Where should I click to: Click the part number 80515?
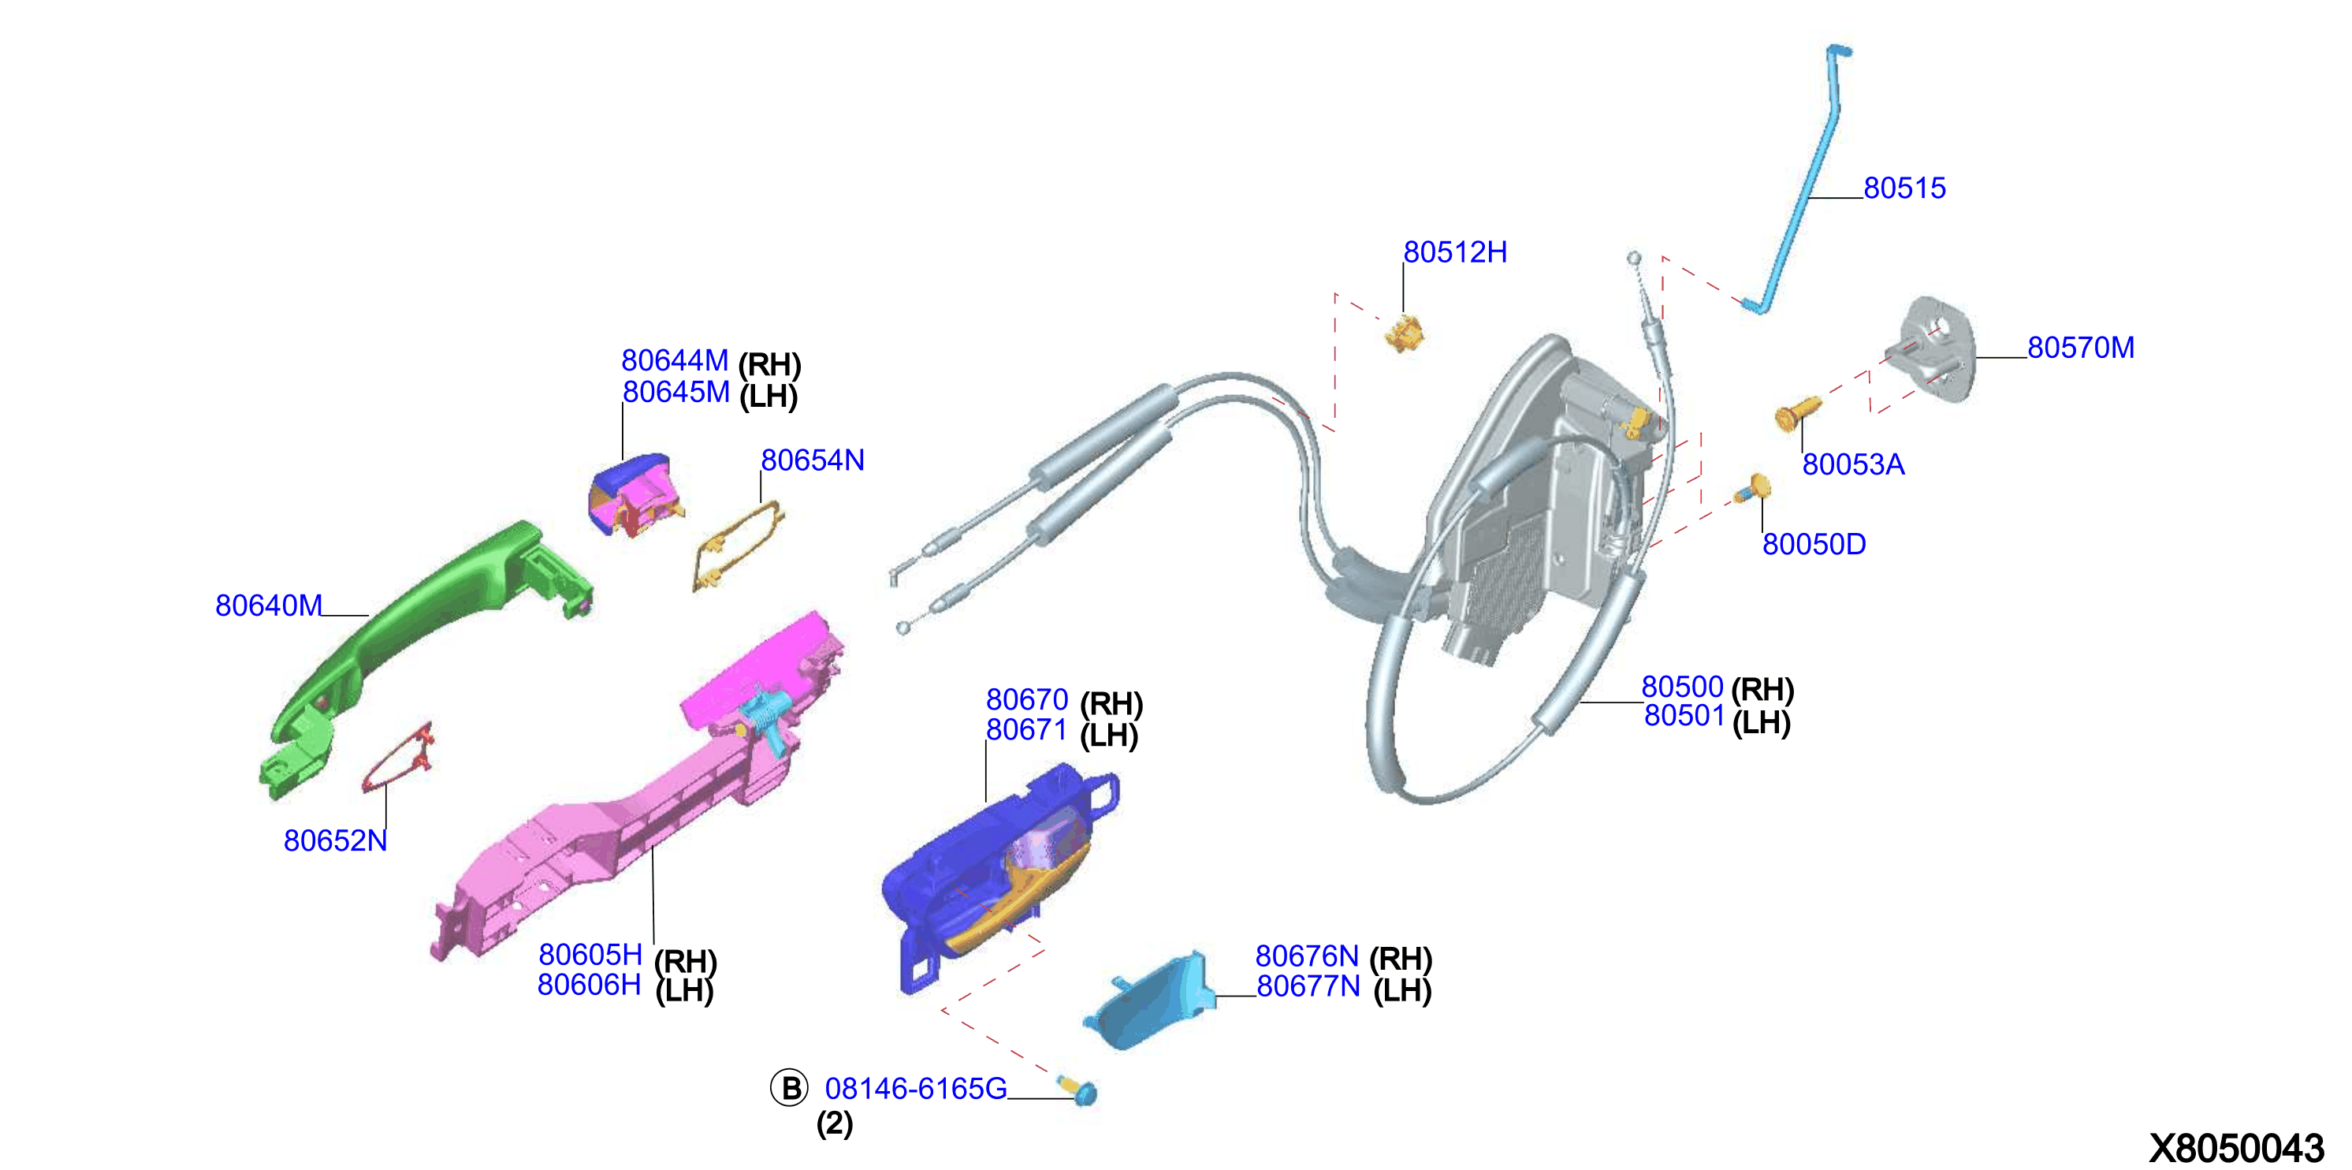1904,188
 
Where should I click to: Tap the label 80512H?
1454,252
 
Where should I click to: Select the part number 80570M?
2080,348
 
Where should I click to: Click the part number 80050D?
1814,544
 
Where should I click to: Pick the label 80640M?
269,605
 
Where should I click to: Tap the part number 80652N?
335,840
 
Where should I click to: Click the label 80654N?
813,460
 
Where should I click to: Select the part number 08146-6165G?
916,1089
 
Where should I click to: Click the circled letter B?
790,1088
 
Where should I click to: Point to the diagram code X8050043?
2236,1148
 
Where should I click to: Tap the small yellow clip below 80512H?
1405,333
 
